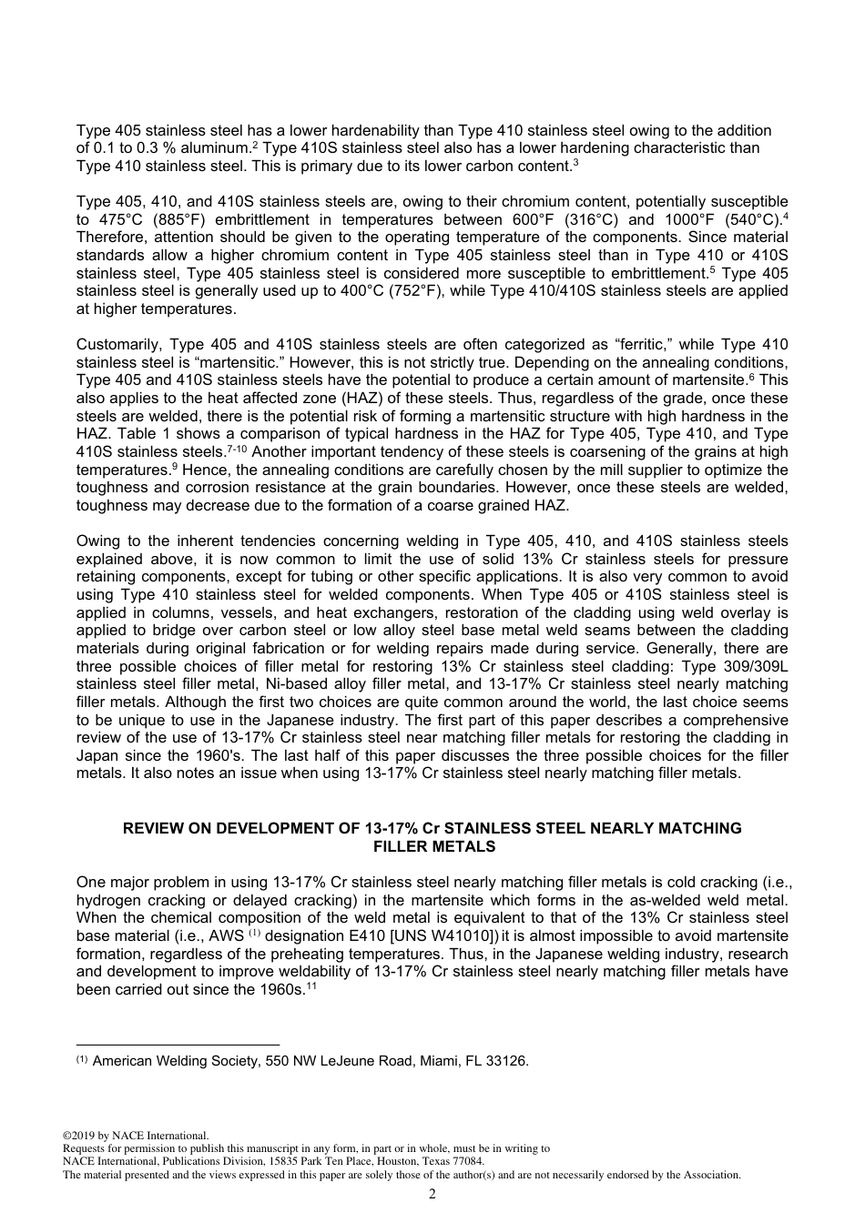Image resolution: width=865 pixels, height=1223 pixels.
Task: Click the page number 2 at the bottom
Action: click(432, 1194)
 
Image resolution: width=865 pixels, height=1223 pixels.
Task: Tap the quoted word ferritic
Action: click(639, 345)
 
